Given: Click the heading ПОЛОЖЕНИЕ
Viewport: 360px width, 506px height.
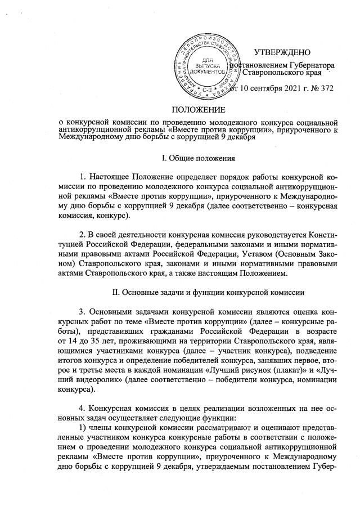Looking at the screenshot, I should coord(198,109).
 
